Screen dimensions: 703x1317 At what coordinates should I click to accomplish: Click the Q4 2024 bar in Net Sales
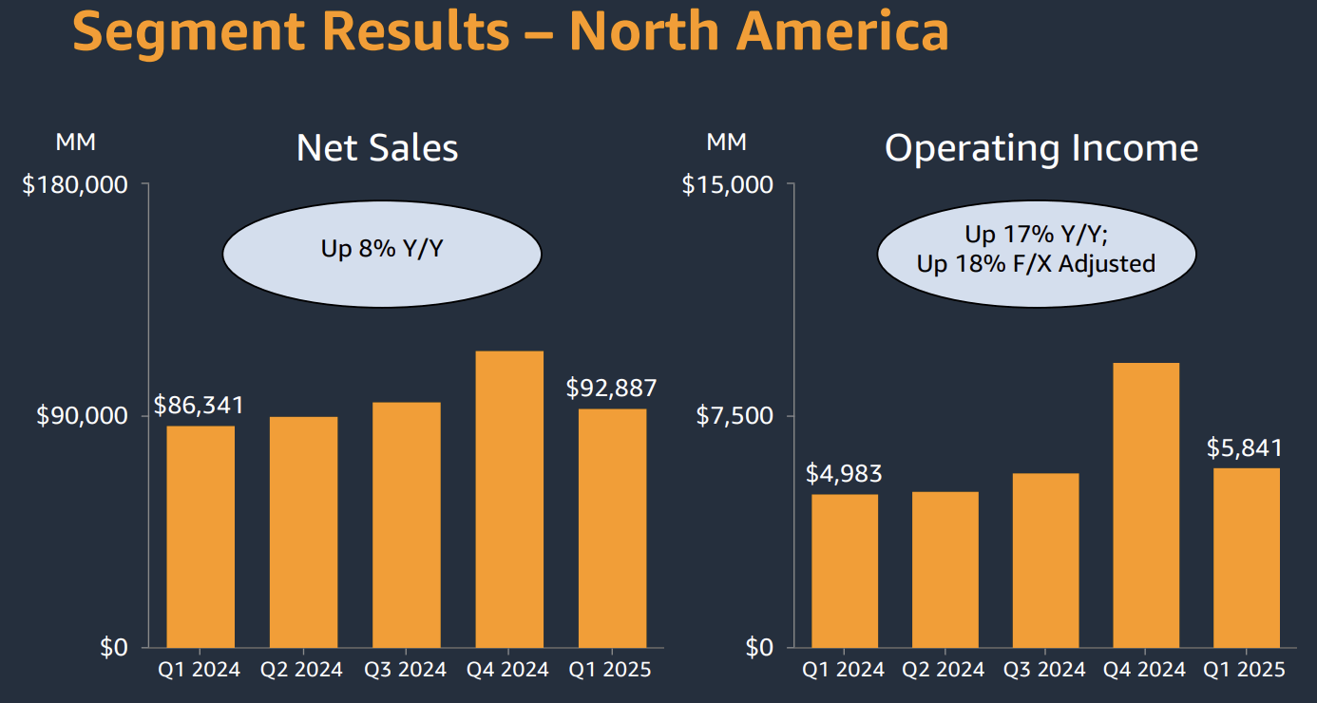coord(509,499)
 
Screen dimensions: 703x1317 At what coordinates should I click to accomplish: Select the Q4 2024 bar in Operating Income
coord(1145,504)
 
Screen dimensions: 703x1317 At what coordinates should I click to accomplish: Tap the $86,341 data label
coord(200,405)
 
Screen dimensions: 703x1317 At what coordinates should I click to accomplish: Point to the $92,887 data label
coord(611,388)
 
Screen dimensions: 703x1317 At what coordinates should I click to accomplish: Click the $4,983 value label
coord(844,473)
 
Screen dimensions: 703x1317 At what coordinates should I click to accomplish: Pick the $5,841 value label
coord(1245,447)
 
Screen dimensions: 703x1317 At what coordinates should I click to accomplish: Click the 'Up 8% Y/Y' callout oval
coord(382,250)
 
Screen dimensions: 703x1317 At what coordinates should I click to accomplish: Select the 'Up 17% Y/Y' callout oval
coord(1036,250)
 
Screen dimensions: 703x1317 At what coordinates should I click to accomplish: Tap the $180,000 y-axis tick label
coord(75,184)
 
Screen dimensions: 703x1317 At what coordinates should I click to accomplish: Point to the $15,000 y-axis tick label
coord(727,184)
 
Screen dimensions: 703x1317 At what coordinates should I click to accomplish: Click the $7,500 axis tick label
coord(735,416)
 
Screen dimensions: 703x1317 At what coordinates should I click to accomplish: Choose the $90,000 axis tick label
coord(83,416)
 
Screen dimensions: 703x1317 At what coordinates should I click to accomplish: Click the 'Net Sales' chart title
coord(377,148)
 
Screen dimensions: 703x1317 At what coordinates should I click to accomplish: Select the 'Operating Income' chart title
coord(1041,148)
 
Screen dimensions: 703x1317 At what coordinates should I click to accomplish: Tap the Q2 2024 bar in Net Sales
coord(303,532)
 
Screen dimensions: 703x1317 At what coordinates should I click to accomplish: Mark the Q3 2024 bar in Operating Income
coord(1045,560)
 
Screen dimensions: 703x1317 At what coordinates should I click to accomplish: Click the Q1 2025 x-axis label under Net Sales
coord(610,670)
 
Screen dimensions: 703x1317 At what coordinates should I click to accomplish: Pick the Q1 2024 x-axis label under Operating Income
coord(844,670)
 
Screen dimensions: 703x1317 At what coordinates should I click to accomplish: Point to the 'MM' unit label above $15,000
coord(726,142)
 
